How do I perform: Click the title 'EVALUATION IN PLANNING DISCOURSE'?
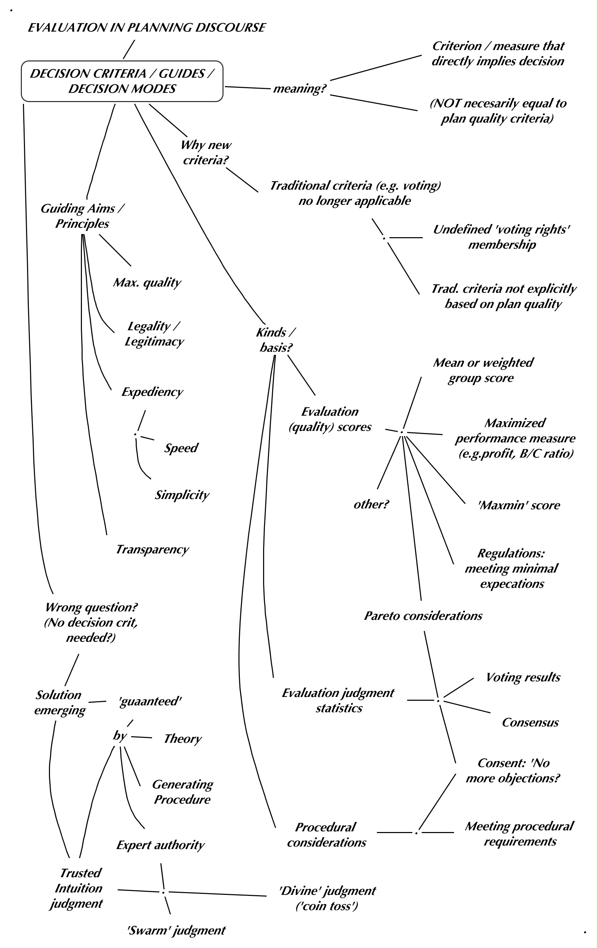click(x=147, y=27)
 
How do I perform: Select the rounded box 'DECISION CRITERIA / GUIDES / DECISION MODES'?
click(x=122, y=81)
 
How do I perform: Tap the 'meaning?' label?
click(x=300, y=88)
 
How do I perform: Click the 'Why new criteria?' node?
click(x=206, y=152)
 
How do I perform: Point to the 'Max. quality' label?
click(x=147, y=282)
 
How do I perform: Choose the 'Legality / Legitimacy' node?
click(x=154, y=333)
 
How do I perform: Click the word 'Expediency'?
click(x=152, y=392)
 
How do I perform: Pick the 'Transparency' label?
click(x=152, y=549)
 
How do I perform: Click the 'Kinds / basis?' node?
click(x=276, y=340)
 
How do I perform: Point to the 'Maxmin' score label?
click(x=518, y=505)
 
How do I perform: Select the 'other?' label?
click(x=371, y=504)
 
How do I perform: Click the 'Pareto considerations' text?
click(x=423, y=616)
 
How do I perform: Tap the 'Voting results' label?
click(x=523, y=677)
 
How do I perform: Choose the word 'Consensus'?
click(x=530, y=722)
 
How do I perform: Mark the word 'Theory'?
click(x=183, y=739)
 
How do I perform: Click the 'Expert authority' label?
click(x=160, y=845)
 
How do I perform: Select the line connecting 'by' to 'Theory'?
click(x=141, y=737)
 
